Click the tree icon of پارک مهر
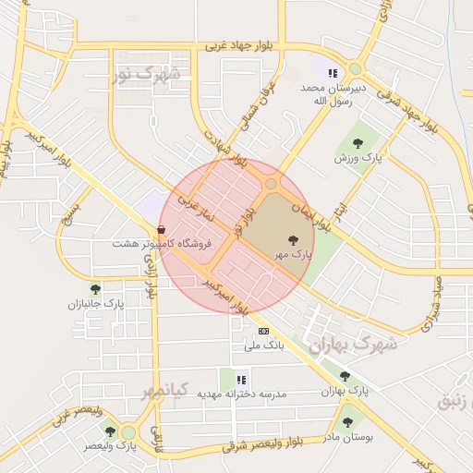click(293, 239)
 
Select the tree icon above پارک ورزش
click(357, 143)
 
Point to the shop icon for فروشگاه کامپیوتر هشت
click(162, 230)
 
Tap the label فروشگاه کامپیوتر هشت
click(175, 243)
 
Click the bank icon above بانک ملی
click(264, 331)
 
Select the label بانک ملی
click(262, 346)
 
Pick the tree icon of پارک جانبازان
click(95, 289)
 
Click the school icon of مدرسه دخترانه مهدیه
click(241, 379)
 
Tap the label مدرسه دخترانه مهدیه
click(241, 394)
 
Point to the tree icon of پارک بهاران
click(345, 376)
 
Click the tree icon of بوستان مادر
click(347, 422)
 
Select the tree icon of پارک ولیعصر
click(110, 431)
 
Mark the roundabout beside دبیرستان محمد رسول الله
click(355, 69)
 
